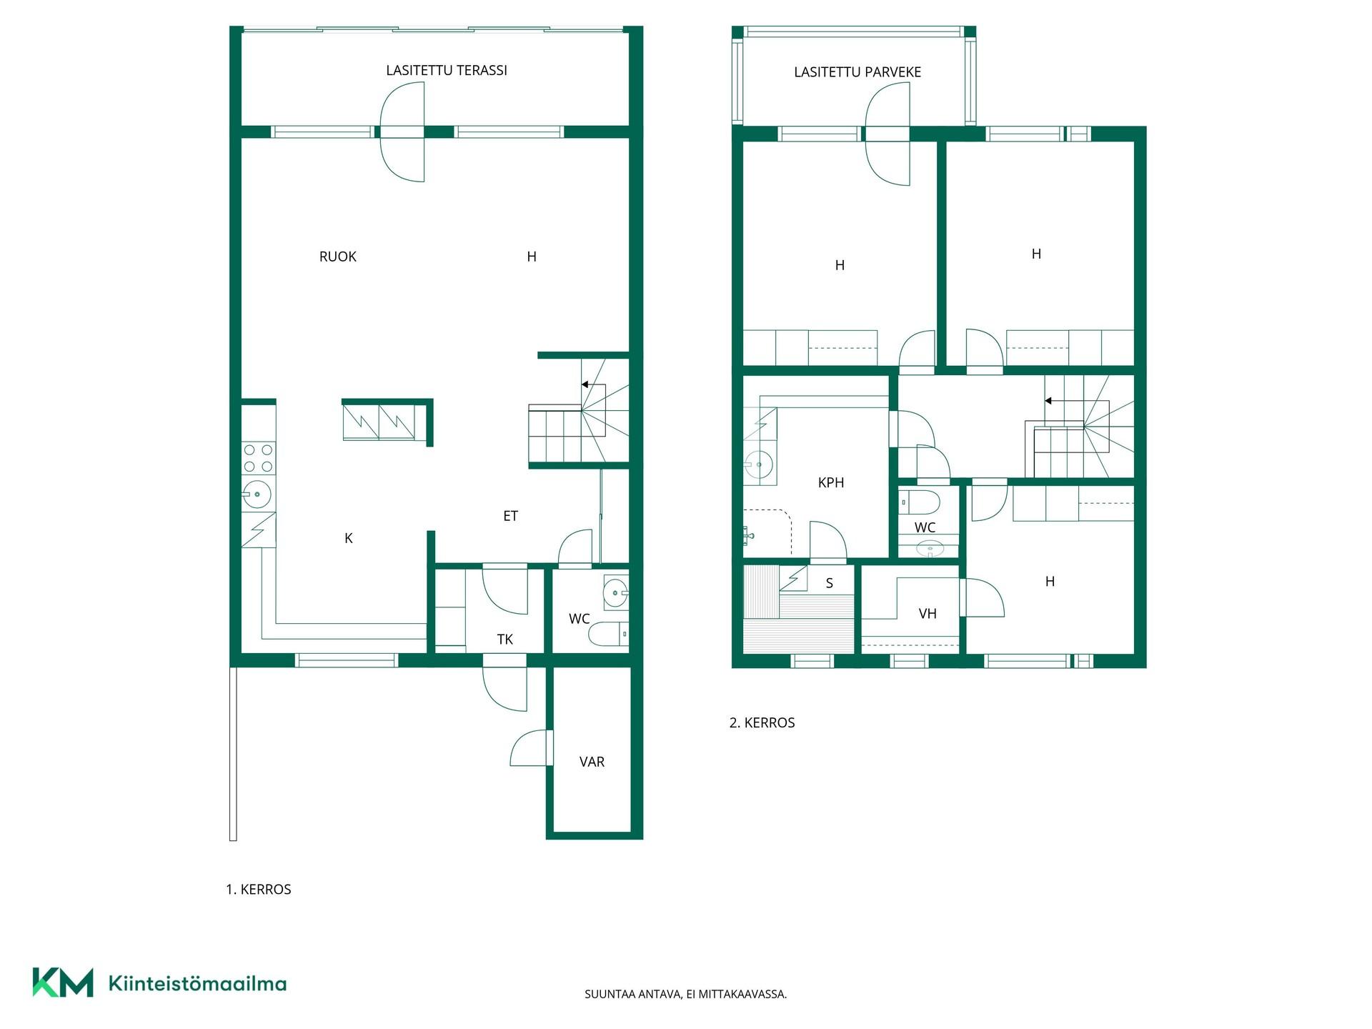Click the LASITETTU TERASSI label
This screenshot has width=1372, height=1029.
point(447,70)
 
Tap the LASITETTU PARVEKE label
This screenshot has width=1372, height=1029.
point(857,72)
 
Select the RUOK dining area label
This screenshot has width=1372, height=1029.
point(337,257)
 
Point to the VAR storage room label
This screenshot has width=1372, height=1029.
point(592,762)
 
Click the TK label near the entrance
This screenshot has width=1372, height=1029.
point(505,640)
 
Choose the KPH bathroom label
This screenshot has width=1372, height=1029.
point(831,483)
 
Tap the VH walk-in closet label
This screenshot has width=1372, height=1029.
point(928,614)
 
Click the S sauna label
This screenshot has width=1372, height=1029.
point(830,584)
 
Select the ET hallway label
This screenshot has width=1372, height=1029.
point(510,516)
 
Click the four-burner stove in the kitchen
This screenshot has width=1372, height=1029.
point(258,458)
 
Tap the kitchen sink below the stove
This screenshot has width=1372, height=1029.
point(257,494)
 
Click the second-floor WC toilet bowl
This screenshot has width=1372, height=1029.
point(920,502)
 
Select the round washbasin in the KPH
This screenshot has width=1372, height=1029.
point(759,464)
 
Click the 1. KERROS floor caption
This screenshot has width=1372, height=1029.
point(259,890)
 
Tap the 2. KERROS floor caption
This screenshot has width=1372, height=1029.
point(762,723)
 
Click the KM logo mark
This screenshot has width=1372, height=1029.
point(63,983)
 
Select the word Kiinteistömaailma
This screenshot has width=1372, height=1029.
point(197,984)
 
